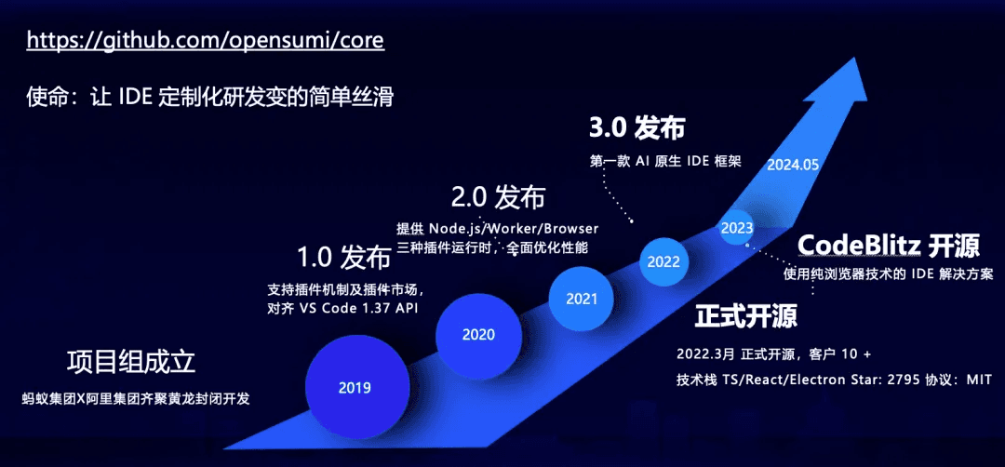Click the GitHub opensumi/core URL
(x=205, y=40)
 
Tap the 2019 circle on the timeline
(x=355, y=387)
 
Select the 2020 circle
(x=478, y=334)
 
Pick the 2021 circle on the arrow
(x=582, y=300)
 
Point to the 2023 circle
(x=736, y=227)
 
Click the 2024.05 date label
(x=793, y=164)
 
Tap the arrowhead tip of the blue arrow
(x=858, y=57)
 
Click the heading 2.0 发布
(x=498, y=197)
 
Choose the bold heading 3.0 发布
(x=637, y=128)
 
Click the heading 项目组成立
(x=131, y=363)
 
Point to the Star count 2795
(x=904, y=380)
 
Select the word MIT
(x=980, y=380)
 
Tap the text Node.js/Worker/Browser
(x=514, y=229)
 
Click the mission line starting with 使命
(x=209, y=99)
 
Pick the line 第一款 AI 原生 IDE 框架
(x=665, y=162)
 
